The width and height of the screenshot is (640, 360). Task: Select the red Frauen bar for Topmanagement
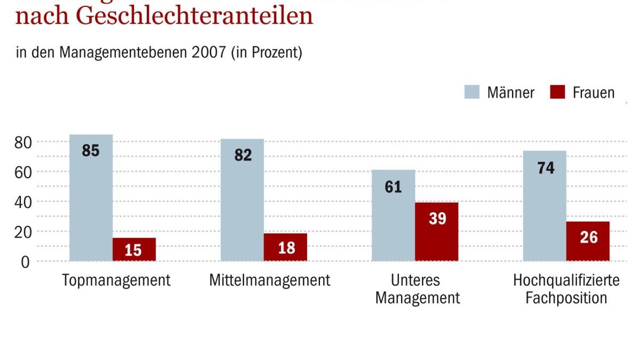coord(134,249)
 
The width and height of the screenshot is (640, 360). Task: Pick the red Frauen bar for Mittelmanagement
coord(285,247)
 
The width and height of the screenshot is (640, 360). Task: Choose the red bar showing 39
coord(436,231)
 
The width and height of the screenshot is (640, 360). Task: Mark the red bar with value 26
coord(588,241)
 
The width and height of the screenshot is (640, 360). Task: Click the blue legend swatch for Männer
coord(473,92)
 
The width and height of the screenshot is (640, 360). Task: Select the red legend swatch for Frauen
coord(557,92)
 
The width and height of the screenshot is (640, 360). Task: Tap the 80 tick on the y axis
coord(23,142)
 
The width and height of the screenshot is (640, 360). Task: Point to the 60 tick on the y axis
coord(23,172)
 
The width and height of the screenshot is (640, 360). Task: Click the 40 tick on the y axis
coord(23,202)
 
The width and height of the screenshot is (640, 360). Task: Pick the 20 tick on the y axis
coord(23,231)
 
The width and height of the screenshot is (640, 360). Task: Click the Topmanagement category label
coord(116,280)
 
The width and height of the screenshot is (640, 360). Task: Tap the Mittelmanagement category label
coord(269,280)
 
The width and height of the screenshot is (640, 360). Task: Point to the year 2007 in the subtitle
coord(209,53)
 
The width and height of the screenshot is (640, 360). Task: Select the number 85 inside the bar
coord(91,151)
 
